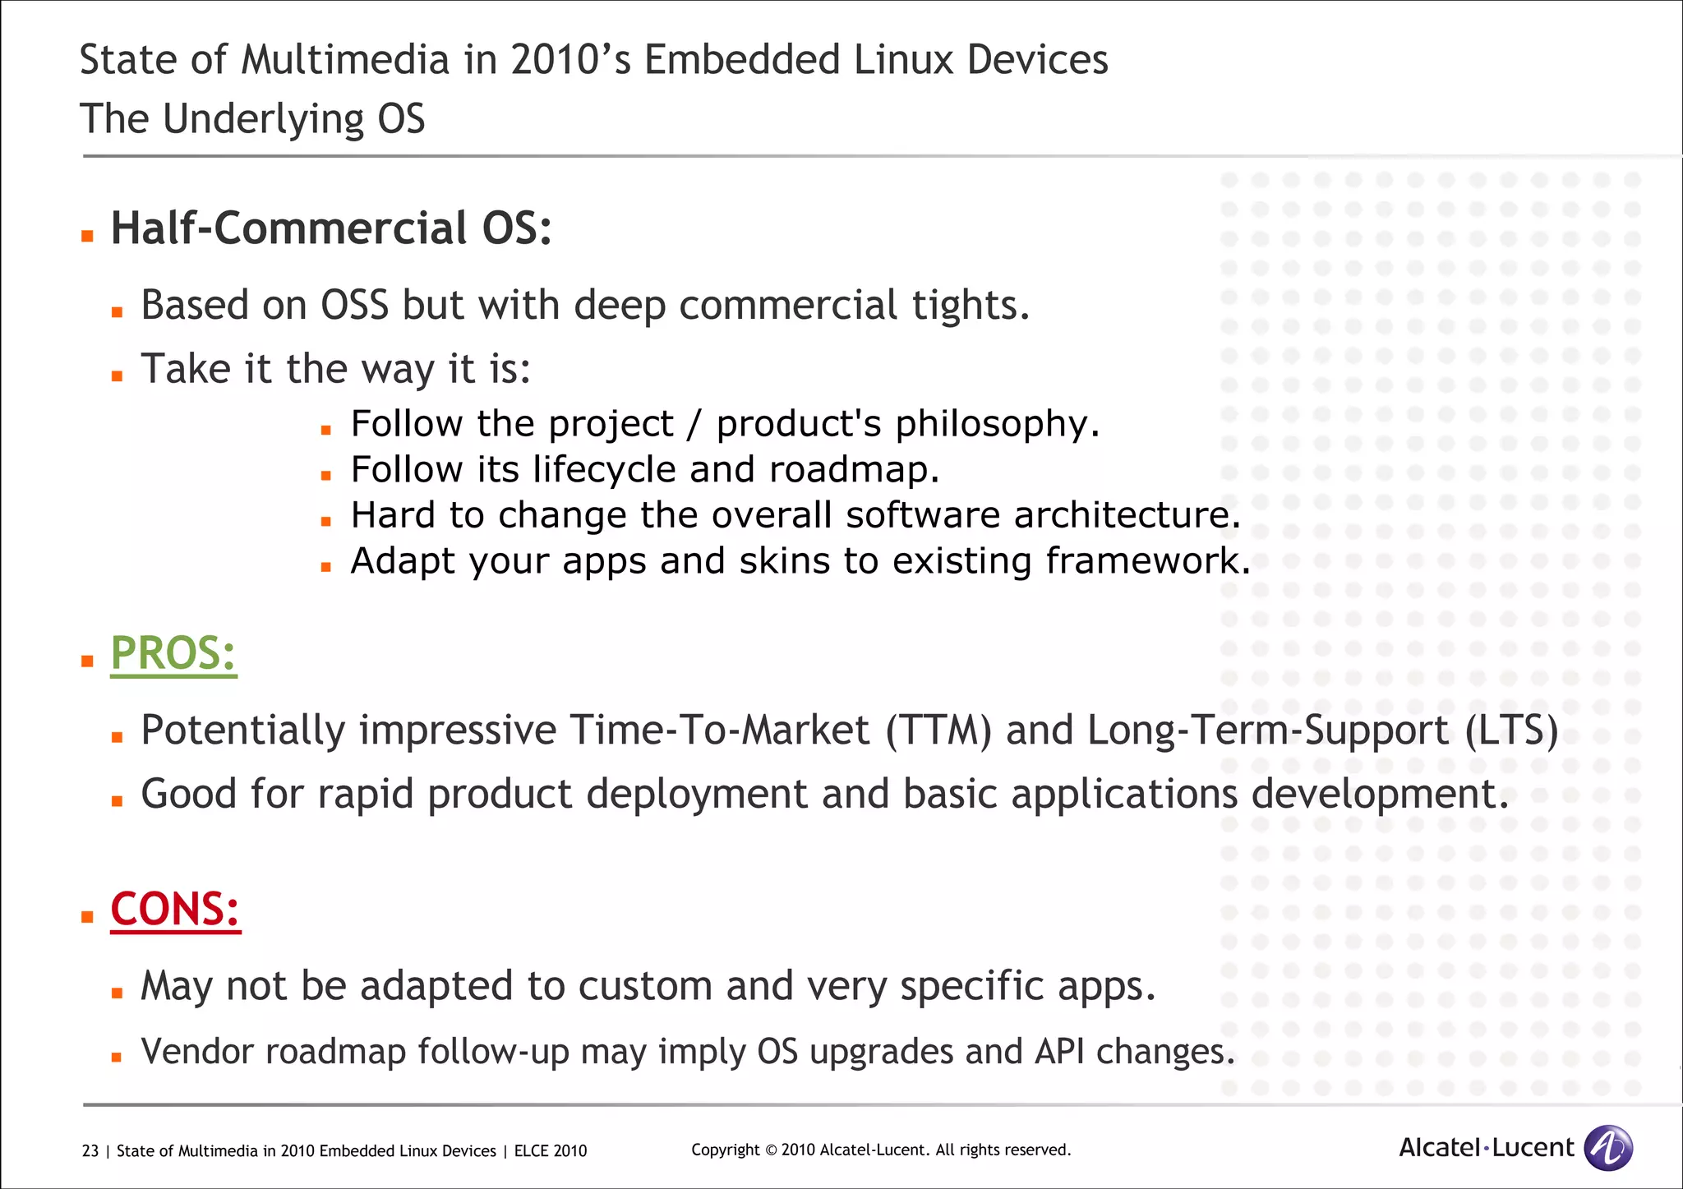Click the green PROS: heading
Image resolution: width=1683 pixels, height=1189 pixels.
(x=173, y=654)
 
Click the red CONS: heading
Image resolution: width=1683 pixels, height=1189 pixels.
(x=175, y=910)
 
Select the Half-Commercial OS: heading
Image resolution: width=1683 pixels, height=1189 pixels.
(x=330, y=228)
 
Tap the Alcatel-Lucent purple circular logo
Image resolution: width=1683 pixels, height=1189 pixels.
(x=1607, y=1148)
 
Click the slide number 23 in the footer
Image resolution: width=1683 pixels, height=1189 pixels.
(x=90, y=1151)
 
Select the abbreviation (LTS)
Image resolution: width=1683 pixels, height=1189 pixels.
(x=1511, y=730)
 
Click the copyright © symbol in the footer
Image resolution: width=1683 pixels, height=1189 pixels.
(x=770, y=1150)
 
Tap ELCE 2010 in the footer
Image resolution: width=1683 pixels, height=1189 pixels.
(x=551, y=1151)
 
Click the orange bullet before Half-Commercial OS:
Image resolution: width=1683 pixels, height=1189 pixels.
(x=87, y=237)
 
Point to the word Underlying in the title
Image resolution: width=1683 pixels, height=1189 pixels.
(x=263, y=120)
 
